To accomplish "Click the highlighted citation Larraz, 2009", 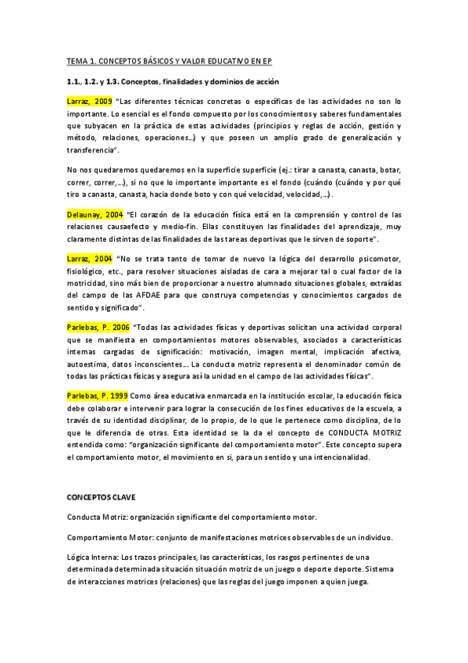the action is tap(89, 102).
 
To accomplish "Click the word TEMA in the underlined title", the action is tap(77, 60).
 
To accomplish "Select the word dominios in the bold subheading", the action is tap(234, 81).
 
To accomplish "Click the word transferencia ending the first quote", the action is tap(90, 149).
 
